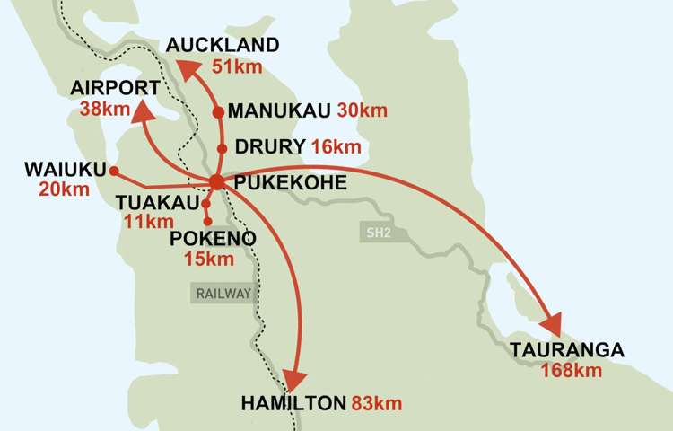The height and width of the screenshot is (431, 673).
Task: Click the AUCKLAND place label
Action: (223, 46)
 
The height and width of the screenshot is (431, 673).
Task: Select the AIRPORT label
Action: (116, 87)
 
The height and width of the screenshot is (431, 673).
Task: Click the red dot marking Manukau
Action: (217, 112)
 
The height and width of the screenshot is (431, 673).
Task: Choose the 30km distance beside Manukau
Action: (363, 110)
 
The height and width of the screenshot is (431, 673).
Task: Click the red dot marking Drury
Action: (222, 148)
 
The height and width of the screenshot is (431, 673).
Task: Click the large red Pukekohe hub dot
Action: (216, 182)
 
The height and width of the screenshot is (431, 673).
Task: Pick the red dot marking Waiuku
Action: (114, 170)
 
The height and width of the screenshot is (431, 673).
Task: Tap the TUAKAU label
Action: (157, 204)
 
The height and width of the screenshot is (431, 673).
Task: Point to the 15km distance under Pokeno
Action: (208, 259)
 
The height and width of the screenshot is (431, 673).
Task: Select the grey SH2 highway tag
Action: (377, 233)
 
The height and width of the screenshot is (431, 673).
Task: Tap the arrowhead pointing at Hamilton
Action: (294, 378)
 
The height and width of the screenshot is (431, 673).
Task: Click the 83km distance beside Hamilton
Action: (376, 404)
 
